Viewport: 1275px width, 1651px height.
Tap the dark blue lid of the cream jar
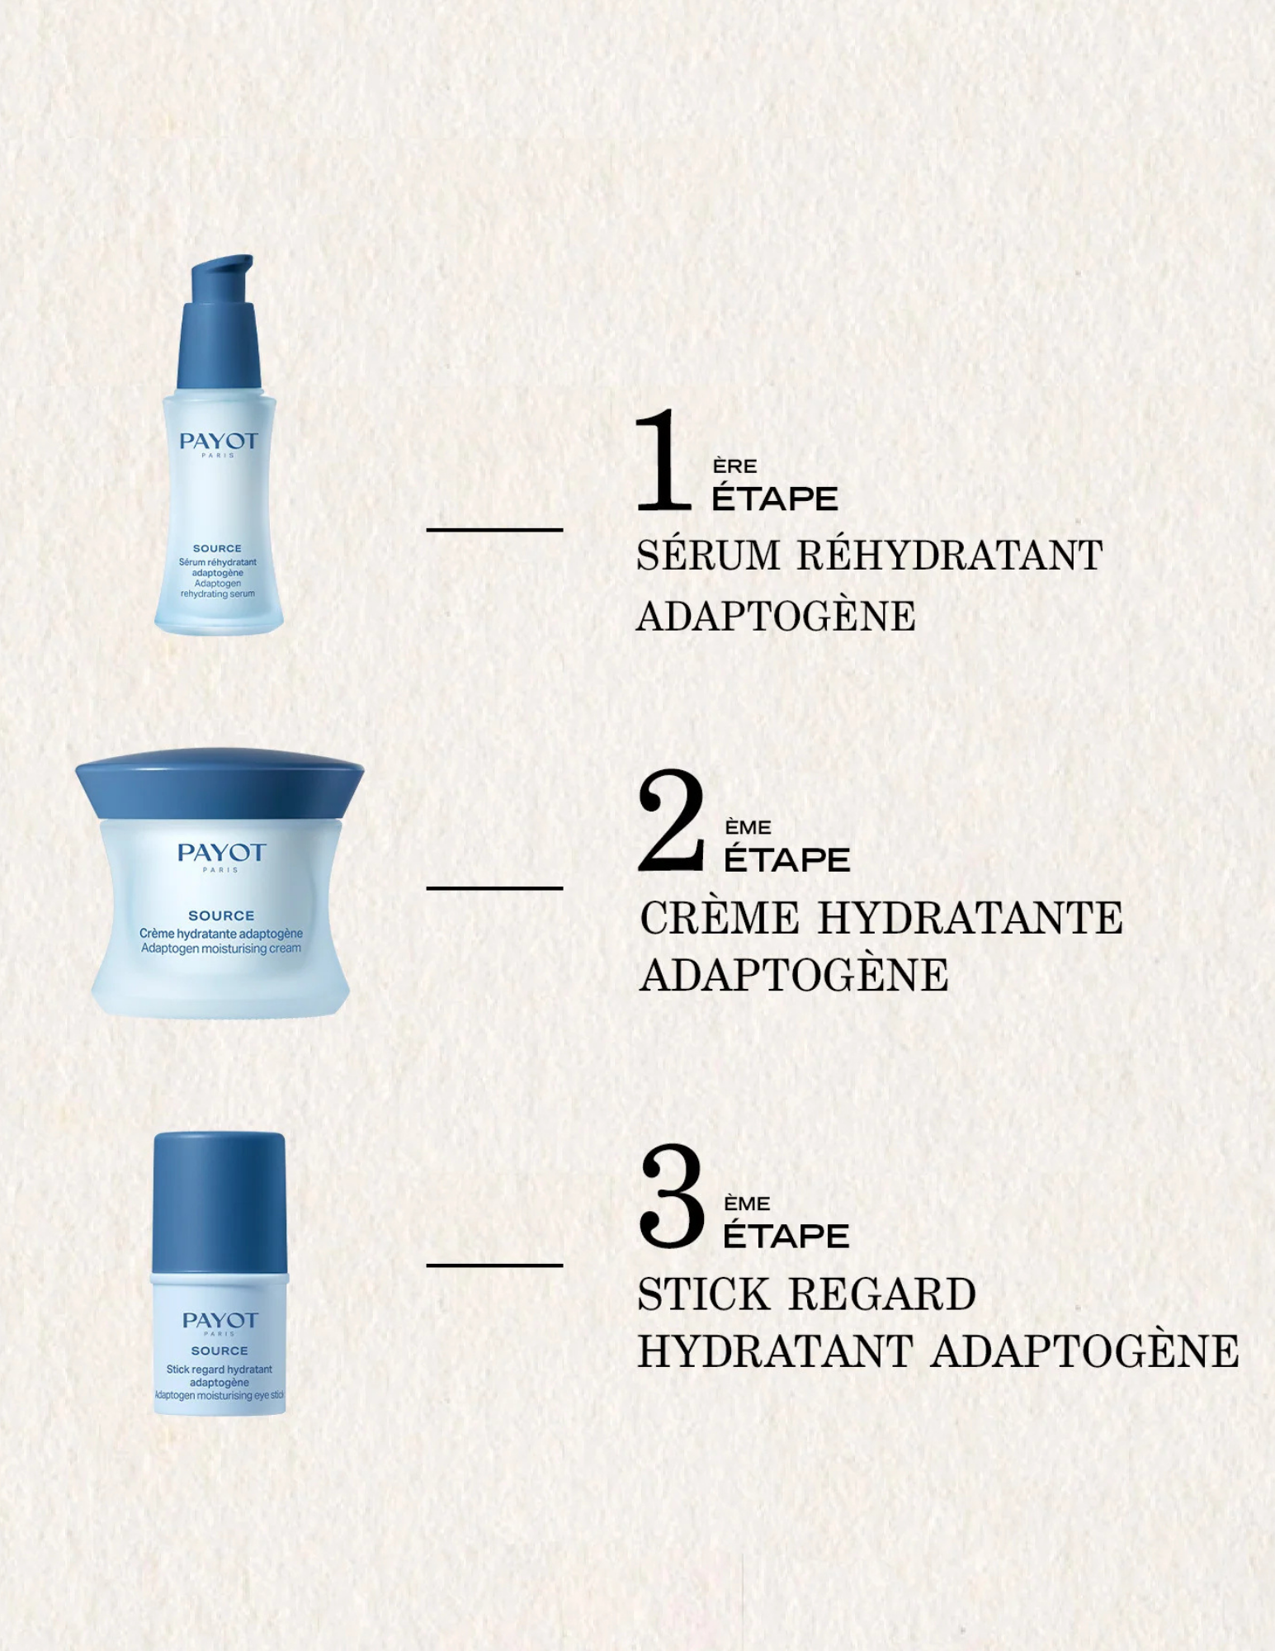220,783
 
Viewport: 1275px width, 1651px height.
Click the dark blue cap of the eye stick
220,1201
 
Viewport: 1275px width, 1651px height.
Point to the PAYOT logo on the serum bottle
219,442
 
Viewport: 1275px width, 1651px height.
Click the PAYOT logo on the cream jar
221,853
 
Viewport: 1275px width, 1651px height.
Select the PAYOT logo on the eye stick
220,1321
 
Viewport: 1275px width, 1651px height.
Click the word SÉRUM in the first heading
708,555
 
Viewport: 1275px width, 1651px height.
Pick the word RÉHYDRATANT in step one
949,555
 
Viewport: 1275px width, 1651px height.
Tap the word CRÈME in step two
720,918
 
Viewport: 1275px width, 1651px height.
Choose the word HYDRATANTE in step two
970,918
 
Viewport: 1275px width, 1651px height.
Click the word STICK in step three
703,1294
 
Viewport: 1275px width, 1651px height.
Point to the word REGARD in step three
882,1294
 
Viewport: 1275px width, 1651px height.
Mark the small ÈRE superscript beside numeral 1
734,466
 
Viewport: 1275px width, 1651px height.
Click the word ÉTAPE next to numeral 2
786,860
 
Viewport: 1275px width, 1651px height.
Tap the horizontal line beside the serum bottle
494,529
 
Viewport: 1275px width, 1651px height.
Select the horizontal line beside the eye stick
494,1265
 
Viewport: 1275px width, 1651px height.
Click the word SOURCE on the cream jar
221,915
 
